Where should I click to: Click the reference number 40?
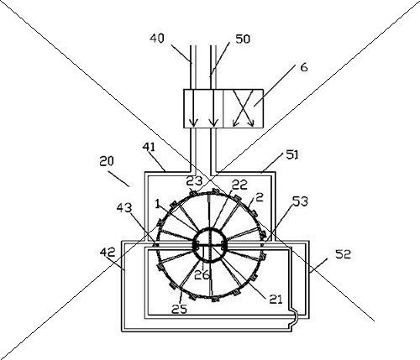156,38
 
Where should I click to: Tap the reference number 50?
243,39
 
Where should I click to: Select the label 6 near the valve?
304,67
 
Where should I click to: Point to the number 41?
149,147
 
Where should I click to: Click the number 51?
292,154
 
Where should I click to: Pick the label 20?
107,161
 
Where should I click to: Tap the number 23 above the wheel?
194,181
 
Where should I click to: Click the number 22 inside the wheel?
240,185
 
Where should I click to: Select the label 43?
124,208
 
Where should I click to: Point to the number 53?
300,201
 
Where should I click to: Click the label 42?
108,253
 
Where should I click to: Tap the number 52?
343,254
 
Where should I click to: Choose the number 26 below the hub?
202,275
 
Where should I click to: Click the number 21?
276,300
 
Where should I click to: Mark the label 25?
179,309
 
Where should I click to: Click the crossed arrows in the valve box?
244,108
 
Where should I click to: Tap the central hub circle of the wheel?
208,244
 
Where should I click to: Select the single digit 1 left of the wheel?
157,203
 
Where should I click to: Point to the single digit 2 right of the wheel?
260,198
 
